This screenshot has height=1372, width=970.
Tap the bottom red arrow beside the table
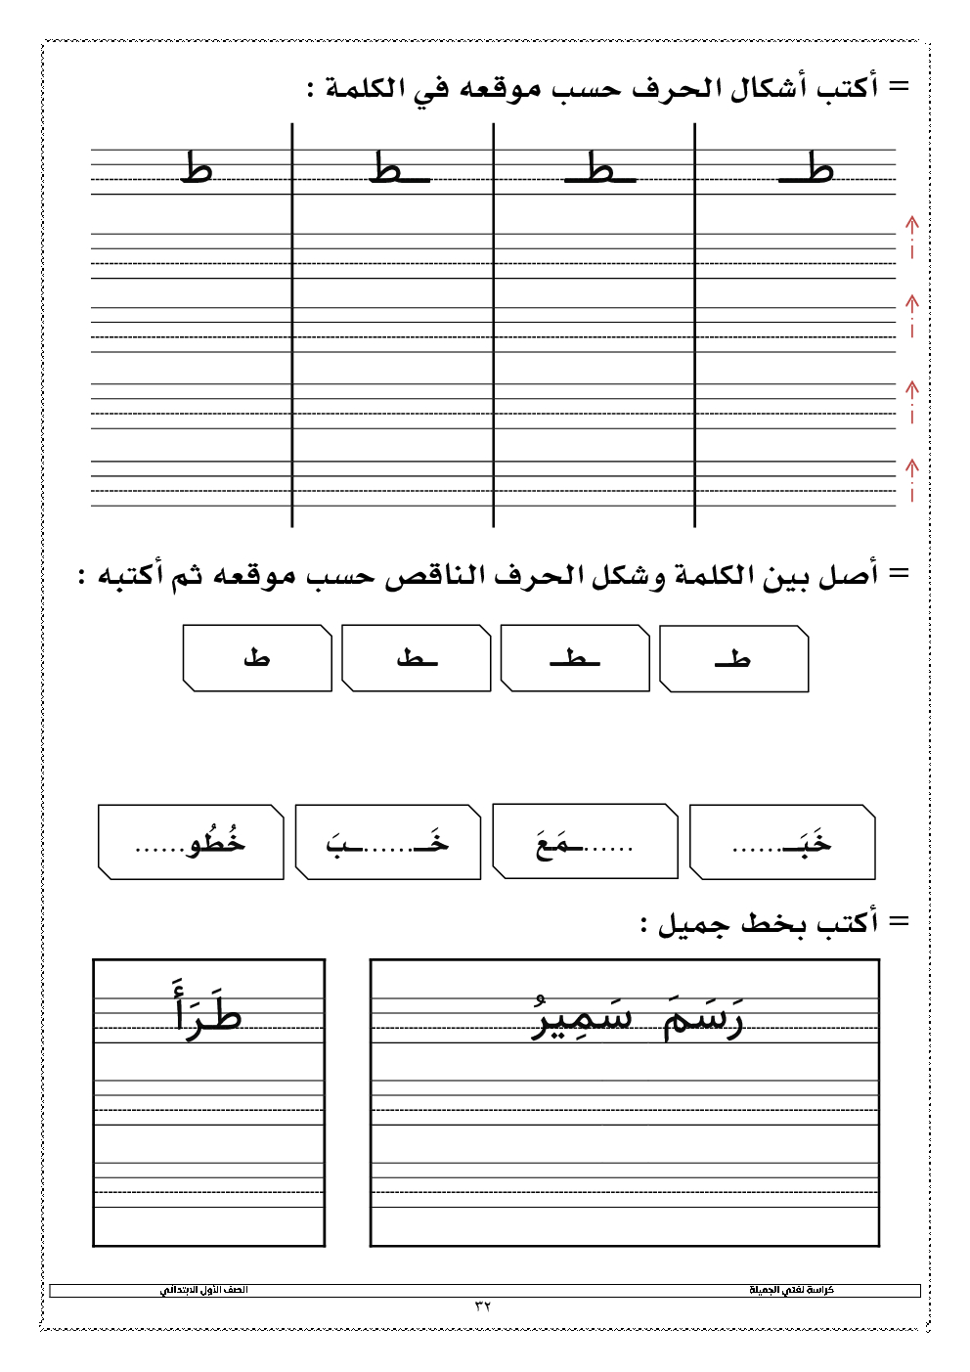(911, 478)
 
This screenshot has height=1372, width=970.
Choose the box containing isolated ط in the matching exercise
(256, 658)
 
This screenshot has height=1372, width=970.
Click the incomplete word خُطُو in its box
(192, 843)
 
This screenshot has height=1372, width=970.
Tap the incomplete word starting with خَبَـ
(782, 843)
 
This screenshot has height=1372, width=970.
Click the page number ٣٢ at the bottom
(483, 1306)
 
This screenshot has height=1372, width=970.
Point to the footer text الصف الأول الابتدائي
(204, 1291)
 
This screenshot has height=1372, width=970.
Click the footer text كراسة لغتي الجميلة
(791, 1291)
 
